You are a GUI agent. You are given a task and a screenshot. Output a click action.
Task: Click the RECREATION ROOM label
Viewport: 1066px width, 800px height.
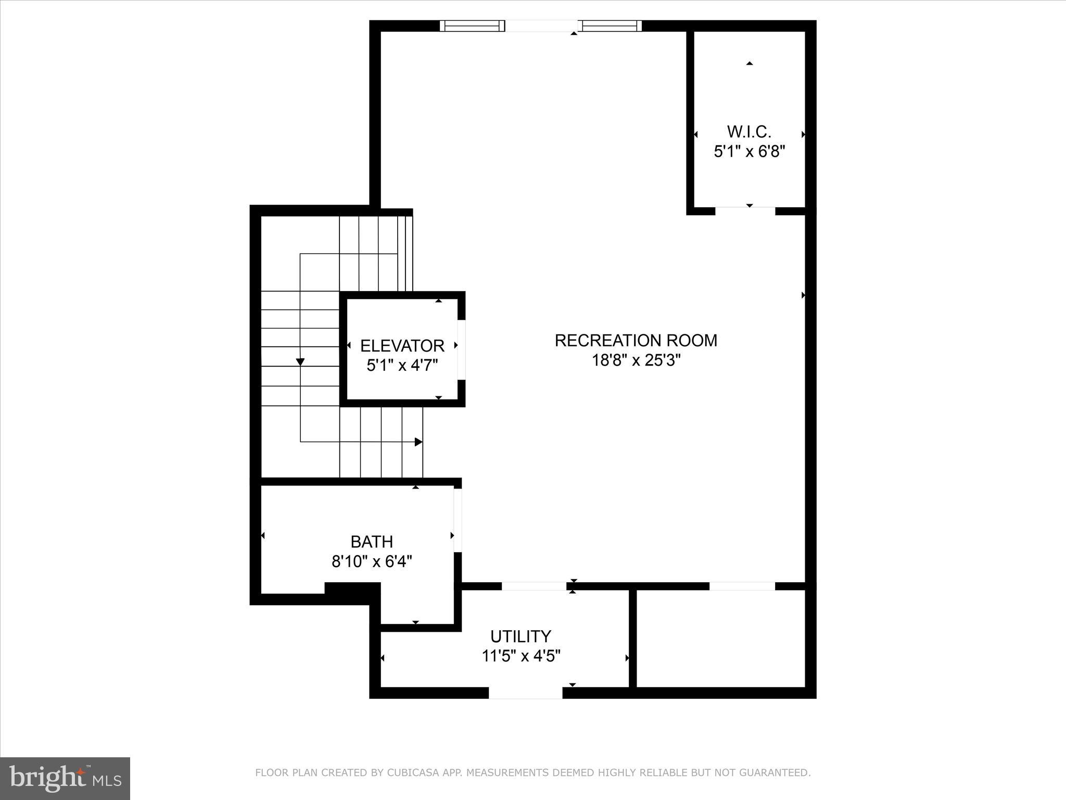636,341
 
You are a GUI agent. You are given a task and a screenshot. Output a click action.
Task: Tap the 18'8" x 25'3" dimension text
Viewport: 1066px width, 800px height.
636,360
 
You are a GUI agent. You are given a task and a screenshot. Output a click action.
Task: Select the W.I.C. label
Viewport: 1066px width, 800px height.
748,131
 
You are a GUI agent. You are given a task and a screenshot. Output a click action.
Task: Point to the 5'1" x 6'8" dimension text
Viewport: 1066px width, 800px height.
748,152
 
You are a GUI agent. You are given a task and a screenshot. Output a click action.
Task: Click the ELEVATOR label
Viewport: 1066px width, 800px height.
402,346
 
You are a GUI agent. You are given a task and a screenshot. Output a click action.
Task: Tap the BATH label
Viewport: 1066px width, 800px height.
371,542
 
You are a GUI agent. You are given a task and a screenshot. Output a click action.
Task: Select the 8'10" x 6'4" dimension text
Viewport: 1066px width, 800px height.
371,561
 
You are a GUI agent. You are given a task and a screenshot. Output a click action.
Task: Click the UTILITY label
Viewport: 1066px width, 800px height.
520,636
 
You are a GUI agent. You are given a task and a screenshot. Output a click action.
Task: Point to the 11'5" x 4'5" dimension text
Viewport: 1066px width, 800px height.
520,656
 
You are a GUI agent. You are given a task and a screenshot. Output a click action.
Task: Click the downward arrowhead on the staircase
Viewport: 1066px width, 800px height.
300,362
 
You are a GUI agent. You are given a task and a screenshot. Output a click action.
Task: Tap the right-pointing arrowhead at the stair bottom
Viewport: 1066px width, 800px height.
418,442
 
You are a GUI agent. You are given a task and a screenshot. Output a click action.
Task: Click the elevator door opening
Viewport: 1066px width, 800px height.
461,347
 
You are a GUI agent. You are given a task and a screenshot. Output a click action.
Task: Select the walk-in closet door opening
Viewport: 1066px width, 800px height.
745,211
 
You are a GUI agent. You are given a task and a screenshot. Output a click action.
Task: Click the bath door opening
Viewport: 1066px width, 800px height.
458,520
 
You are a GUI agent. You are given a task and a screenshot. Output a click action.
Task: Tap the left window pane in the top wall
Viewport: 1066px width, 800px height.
473,26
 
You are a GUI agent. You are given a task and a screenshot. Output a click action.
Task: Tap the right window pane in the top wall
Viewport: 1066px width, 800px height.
610,26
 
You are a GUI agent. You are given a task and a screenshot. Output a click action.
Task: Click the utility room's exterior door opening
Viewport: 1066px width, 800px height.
525,693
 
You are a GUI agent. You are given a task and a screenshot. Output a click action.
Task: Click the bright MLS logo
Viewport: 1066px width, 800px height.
65,779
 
